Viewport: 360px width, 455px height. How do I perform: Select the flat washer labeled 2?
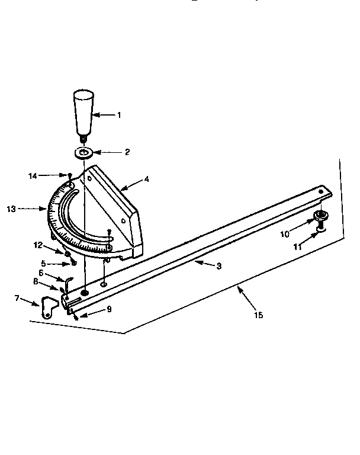pos(84,153)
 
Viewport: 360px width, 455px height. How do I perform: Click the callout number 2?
pos(127,152)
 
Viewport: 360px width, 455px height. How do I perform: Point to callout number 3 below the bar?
pos(218,266)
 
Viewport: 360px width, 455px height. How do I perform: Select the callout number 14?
pos(33,175)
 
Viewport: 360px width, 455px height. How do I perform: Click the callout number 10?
pos(285,234)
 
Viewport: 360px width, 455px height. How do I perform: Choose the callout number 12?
pos(38,245)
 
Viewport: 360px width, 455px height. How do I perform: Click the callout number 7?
pos(17,297)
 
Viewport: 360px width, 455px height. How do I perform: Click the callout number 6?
pos(41,272)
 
